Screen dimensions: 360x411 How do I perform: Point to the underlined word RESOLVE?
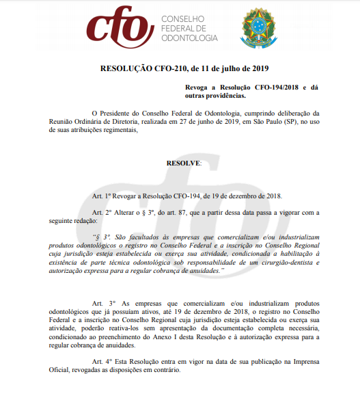pos(183,163)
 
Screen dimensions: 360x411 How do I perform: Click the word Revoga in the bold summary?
pos(199,88)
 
